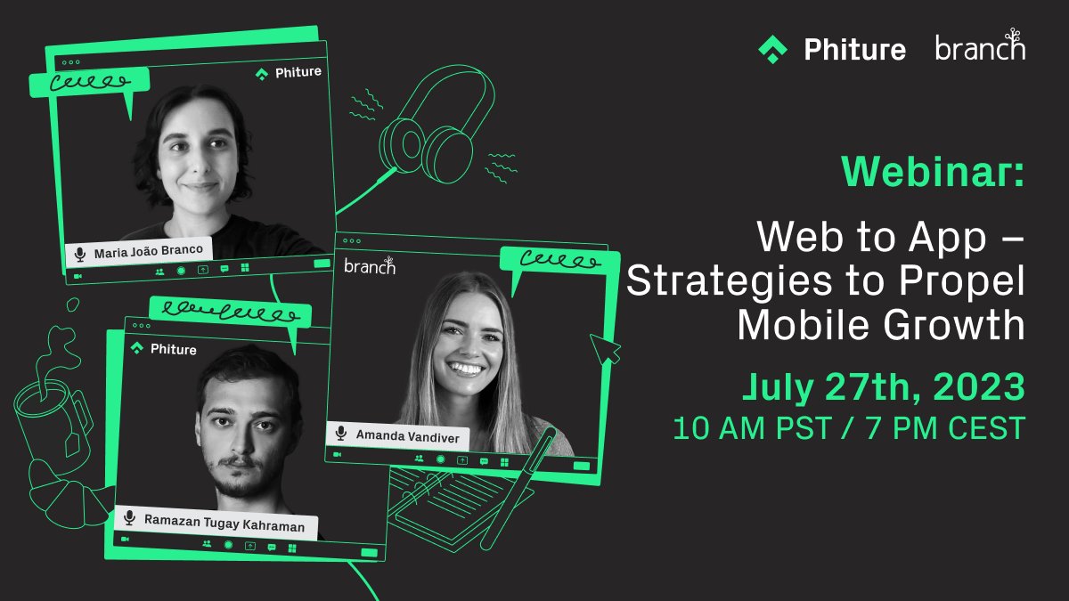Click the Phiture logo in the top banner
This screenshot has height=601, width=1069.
(x=831, y=48)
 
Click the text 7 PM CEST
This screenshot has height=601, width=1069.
(x=941, y=428)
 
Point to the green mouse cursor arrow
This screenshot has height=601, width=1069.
(x=606, y=348)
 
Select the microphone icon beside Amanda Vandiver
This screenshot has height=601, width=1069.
(x=340, y=434)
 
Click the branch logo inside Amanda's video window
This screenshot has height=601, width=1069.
(x=369, y=265)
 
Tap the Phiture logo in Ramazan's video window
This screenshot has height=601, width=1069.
(x=163, y=349)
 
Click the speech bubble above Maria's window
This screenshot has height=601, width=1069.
(x=89, y=85)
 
